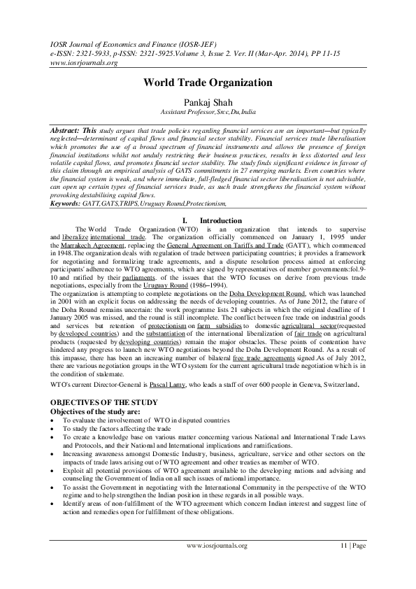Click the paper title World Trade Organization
pos(208,83)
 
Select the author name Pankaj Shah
pos(208,101)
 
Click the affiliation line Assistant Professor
pos(208,112)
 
